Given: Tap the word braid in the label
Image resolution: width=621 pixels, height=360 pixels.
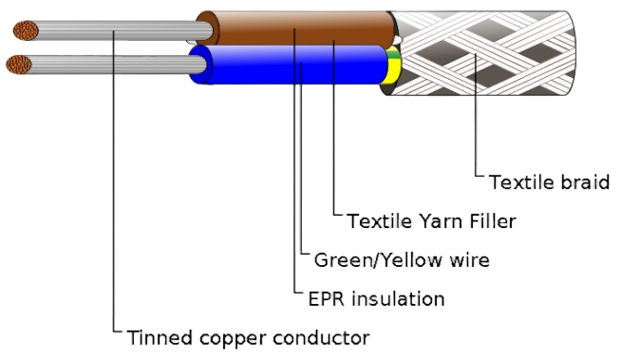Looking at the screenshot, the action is [x=585, y=182].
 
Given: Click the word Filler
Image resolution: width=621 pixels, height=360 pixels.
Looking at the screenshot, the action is [x=493, y=221].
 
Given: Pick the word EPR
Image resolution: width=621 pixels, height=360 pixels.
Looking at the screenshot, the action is [x=327, y=299].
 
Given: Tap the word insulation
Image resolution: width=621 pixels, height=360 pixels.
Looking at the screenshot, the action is [x=398, y=299].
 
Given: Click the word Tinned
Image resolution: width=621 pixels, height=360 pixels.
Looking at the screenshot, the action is [x=160, y=338].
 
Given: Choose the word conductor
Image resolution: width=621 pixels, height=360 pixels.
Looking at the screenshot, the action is [x=321, y=338].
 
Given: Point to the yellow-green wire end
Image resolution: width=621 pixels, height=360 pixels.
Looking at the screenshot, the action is [x=392, y=66].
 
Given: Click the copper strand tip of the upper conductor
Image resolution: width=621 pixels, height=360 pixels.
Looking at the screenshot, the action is [x=26, y=31].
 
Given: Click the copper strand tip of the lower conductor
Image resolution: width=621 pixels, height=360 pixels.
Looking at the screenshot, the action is [x=19, y=65].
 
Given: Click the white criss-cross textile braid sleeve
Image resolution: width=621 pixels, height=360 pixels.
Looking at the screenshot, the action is [x=481, y=53].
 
